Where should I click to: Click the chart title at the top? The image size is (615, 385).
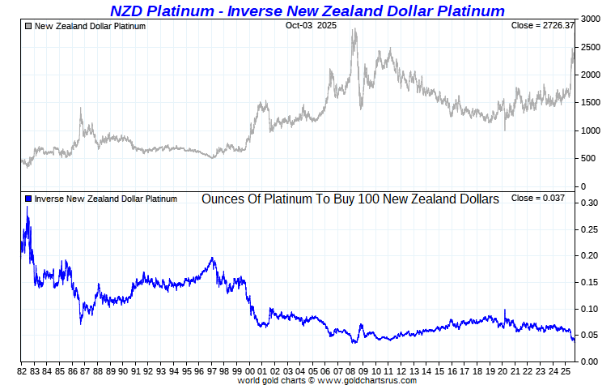[307, 11]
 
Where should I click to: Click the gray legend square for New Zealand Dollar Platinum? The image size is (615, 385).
[28, 26]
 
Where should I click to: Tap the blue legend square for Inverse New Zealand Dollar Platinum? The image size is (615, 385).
[28, 199]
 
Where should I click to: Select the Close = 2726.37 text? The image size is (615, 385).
[542, 26]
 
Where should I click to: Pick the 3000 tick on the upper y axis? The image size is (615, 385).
[591, 19]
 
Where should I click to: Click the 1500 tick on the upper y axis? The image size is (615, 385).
[591, 103]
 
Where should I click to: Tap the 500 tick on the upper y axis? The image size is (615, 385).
[588, 159]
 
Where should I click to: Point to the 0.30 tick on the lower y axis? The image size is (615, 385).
[588, 203]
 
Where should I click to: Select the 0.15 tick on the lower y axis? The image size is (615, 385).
[588, 282]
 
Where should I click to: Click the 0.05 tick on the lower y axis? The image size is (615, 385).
[588, 335]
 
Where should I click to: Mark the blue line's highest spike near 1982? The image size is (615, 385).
[28, 207]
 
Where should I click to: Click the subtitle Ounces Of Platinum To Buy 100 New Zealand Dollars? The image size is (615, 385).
[350, 199]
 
